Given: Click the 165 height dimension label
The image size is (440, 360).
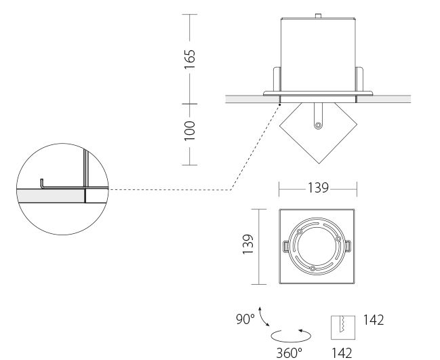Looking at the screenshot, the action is (x=189, y=59).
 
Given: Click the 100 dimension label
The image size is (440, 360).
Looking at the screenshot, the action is (x=189, y=131).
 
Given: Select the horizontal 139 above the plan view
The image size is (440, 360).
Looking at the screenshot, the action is (x=318, y=188).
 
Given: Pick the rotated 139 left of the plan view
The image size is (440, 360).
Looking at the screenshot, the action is (x=247, y=244).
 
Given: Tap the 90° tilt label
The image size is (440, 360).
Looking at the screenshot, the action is (x=245, y=319).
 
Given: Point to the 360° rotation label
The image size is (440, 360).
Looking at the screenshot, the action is (x=289, y=353).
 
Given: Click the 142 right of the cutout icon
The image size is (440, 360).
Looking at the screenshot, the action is (x=374, y=319).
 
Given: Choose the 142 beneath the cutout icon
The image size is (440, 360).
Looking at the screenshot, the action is (x=342, y=353).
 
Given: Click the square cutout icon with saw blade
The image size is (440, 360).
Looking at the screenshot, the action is (x=343, y=327).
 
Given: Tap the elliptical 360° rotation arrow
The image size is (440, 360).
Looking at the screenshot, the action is (x=291, y=336).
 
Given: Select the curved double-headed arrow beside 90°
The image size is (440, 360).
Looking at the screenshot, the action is (x=263, y=317).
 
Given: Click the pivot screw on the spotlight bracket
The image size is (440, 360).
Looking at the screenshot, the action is (x=318, y=125).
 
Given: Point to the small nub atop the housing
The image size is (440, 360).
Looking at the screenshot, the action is (x=318, y=16).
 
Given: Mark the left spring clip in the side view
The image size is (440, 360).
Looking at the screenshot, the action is (x=277, y=79).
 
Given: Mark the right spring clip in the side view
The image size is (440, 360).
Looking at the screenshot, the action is (x=359, y=79).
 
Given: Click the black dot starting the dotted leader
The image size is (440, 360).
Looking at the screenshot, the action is (x=279, y=105).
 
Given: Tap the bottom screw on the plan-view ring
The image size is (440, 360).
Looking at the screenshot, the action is (x=313, y=268).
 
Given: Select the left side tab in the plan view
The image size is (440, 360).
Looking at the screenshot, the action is (x=285, y=247).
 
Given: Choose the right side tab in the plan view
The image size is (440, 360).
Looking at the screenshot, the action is (x=348, y=246).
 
